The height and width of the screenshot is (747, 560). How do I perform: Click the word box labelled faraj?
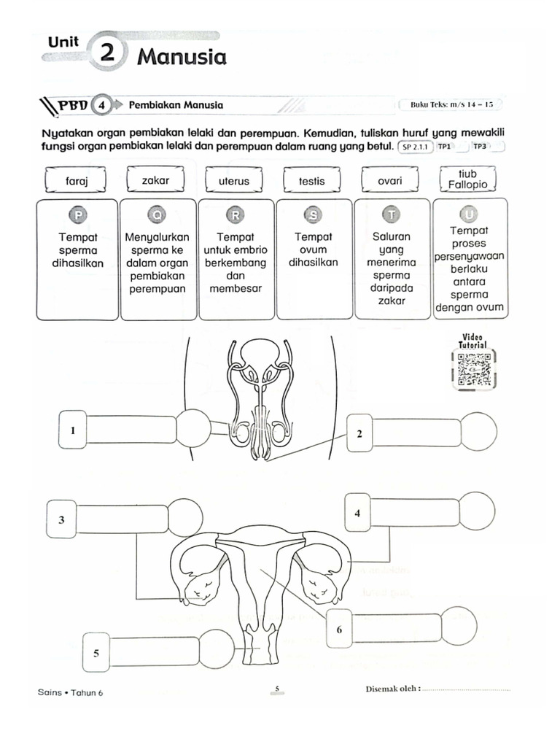tap(77, 181)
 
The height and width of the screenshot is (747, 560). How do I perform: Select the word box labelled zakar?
tap(155, 179)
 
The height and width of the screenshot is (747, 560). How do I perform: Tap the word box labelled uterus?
tap(233, 181)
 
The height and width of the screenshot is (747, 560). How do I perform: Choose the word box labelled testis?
tap(311, 181)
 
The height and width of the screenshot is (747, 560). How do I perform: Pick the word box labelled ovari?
tap(390, 180)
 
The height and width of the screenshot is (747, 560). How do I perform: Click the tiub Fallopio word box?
tap(467, 179)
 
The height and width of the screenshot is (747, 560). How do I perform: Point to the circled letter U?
tap(469, 214)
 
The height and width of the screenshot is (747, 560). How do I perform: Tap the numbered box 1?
tap(73, 430)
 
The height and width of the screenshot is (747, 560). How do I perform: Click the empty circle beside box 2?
tap(479, 432)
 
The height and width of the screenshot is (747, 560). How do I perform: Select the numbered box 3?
tap(62, 519)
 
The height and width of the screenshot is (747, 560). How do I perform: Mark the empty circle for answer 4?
tap(478, 511)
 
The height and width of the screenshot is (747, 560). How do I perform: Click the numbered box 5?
tap(96, 653)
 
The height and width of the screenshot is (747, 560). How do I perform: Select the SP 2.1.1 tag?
tap(416, 147)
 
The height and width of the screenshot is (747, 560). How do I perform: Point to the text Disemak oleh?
tap(392, 690)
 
